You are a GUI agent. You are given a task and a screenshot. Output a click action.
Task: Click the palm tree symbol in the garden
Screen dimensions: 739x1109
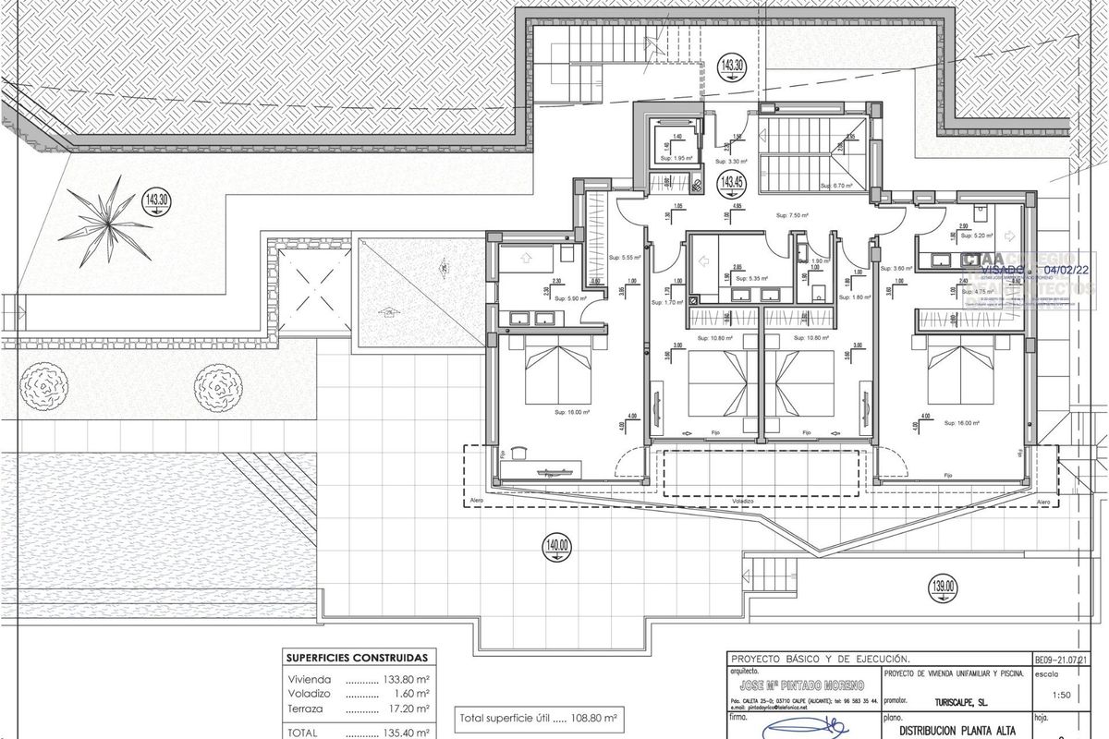pyautogui.click(x=111, y=218)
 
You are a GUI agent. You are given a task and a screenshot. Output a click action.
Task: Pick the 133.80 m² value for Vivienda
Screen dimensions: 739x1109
pyautogui.click(x=405, y=676)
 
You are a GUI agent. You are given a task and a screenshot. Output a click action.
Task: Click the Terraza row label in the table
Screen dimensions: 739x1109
pyautogui.click(x=307, y=709)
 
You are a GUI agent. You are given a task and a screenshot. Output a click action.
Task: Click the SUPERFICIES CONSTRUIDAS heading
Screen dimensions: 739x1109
pyautogui.click(x=357, y=659)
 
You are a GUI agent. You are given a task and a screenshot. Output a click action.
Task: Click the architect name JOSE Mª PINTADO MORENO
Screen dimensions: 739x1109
pyautogui.click(x=797, y=684)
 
